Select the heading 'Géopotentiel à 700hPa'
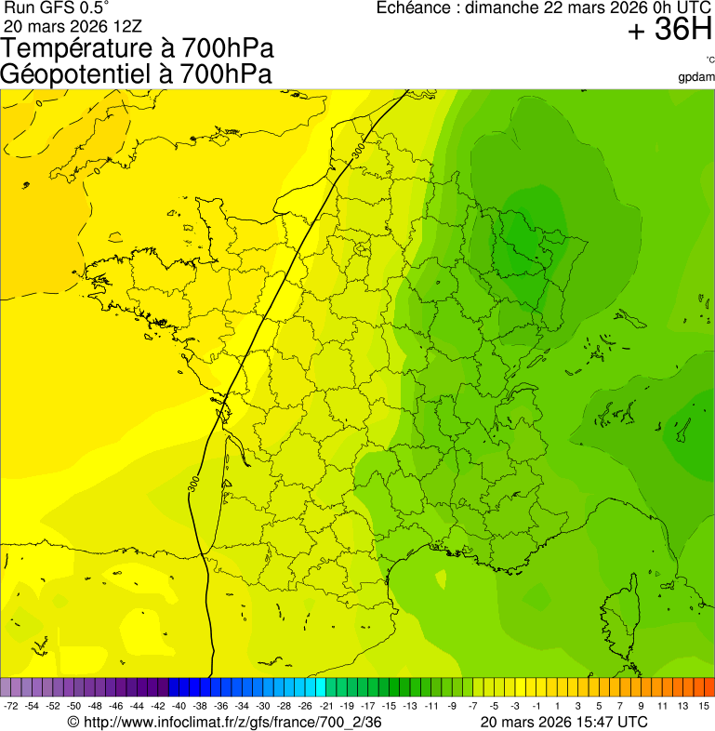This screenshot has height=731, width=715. point(136,74)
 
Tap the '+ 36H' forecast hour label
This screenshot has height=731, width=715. point(669,31)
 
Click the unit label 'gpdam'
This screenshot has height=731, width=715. point(696,76)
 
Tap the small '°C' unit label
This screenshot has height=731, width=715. point(709,60)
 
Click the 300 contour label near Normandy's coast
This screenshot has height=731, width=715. point(358,149)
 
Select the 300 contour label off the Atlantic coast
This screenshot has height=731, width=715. point(192,484)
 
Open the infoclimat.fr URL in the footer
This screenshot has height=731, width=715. point(232,722)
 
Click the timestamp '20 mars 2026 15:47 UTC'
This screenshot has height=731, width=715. point(563,722)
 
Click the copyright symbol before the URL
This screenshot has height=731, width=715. point(74,722)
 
